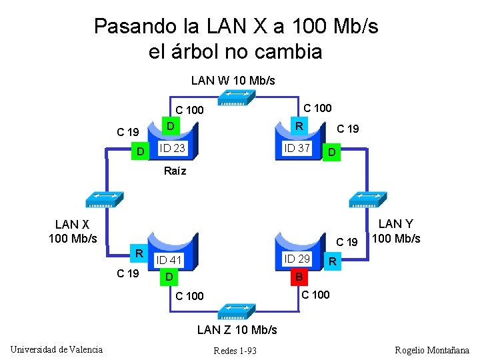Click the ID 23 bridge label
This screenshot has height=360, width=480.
pyautogui.click(x=172, y=148)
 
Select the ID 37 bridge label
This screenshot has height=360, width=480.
pyautogui.click(x=297, y=148)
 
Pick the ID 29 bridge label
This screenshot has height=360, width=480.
pyautogui.click(x=297, y=258)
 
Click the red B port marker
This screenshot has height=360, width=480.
pyautogui.click(x=299, y=276)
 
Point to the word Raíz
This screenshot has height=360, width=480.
pyautogui.click(x=175, y=171)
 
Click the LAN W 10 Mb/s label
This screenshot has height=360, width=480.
pyautogui.click(x=233, y=81)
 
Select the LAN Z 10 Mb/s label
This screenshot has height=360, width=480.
pyautogui.click(x=237, y=329)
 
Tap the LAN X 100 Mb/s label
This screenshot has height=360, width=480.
pyautogui.click(x=73, y=231)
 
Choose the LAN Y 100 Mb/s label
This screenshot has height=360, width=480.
pyautogui.click(x=396, y=231)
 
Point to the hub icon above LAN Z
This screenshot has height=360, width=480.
pyautogui.click(x=237, y=311)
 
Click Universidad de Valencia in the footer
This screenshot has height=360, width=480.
pyautogui.click(x=57, y=349)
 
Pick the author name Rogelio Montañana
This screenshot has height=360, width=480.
pyautogui.click(x=432, y=350)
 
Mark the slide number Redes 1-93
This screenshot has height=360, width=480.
pyautogui.click(x=235, y=351)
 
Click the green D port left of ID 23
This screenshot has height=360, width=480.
pyautogui.click(x=140, y=153)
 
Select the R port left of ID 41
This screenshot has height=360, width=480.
pyautogui.click(x=139, y=253)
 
